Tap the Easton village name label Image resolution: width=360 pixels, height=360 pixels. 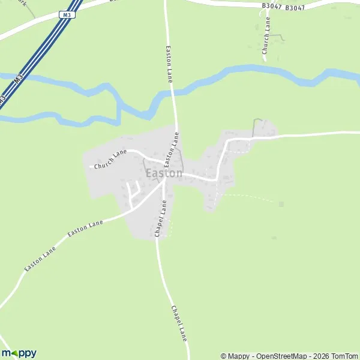point(164,173)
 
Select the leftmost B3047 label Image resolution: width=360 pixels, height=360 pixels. point(271,5)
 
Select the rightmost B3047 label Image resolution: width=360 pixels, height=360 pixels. point(295,8)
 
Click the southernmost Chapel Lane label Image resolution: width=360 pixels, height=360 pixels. point(179,323)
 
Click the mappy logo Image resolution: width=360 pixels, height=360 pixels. point(19,353)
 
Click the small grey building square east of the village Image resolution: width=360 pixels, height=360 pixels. point(281,204)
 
